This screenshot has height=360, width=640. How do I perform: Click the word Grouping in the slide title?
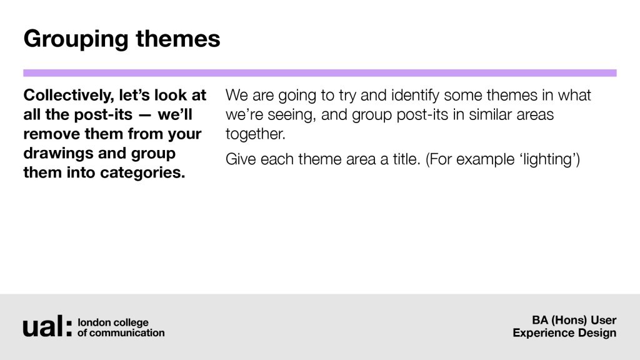(x=76, y=40)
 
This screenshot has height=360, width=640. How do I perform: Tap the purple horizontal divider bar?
(x=320, y=73)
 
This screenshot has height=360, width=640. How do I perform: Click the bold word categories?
(x=142, y=173)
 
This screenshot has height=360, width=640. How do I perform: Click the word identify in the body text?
(x=415, y=96)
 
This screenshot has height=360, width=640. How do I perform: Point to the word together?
(x=255, y=134)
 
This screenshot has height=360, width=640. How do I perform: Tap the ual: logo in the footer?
(x=47, y=326)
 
